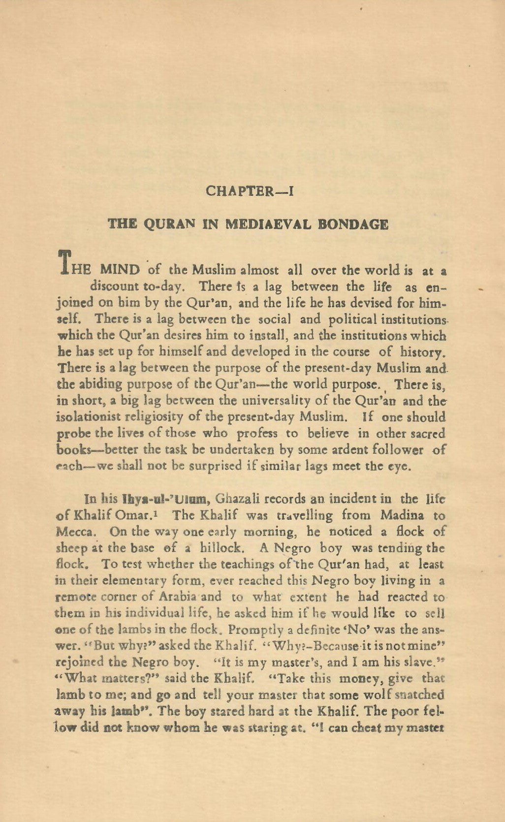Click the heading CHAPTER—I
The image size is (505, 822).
pos(250,191)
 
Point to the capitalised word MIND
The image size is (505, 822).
pos(120,270)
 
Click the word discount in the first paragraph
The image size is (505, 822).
pos(114,286)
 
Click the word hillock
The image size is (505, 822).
pos(224,548)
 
